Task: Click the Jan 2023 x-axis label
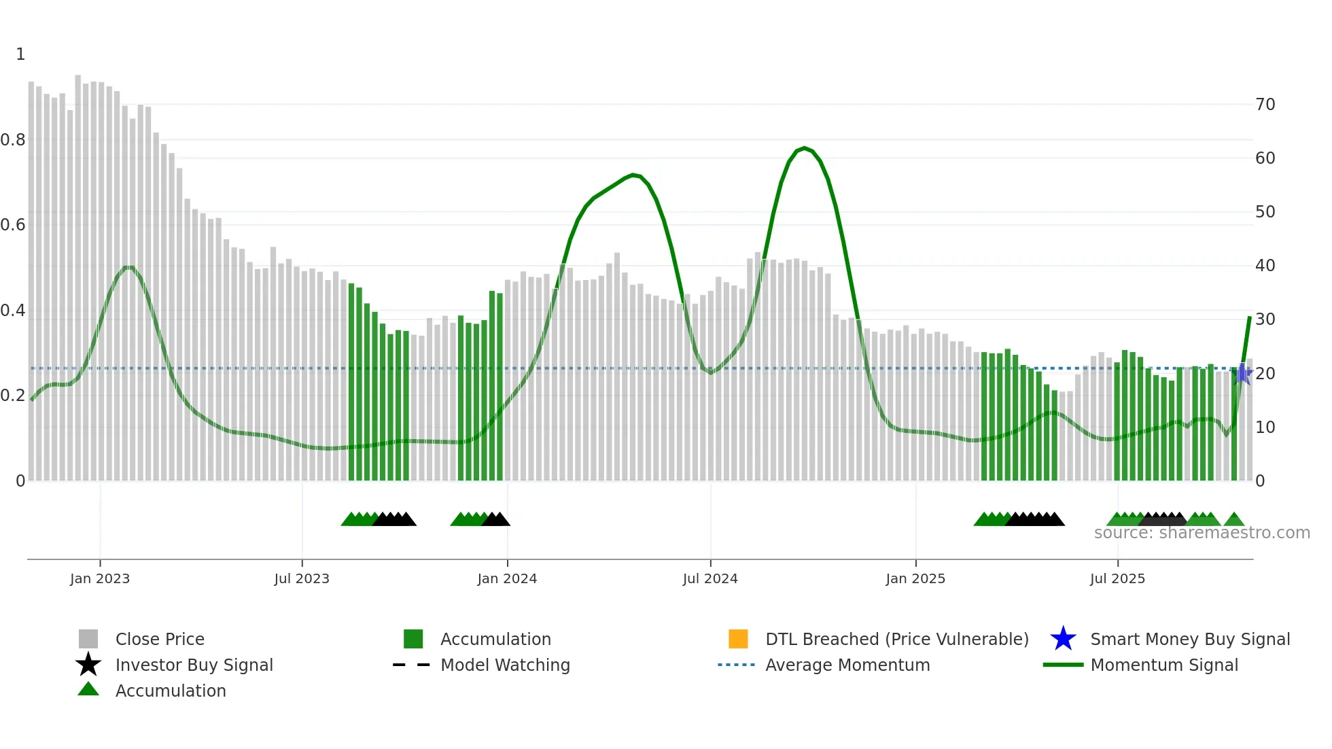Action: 100,578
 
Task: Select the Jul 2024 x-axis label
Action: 710,578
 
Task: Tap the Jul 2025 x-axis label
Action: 1117,578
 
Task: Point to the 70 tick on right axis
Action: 1265,105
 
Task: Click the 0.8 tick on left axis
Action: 14,140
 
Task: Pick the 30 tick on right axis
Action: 1265,319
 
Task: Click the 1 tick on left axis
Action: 20,54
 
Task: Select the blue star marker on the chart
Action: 1242,374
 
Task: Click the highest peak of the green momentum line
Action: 805,147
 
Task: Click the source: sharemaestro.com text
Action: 1202,533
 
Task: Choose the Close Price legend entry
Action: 160,639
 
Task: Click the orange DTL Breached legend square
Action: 738,639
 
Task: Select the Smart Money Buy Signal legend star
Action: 1063,639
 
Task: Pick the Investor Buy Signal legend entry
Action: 194,665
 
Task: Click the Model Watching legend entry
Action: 505,665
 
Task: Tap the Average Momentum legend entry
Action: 847,665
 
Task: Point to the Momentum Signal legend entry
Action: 1164,665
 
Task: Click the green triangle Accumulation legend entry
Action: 170,691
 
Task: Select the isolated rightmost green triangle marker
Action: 1234,520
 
